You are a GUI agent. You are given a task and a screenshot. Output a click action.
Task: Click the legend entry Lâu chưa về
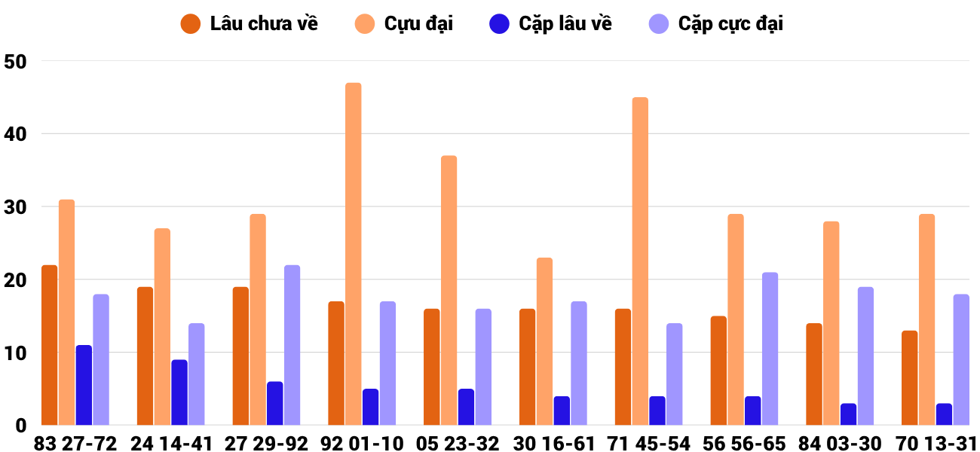[x=249, y=23]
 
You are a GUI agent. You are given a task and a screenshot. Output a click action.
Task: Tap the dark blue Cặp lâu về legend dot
[x=499, y=23]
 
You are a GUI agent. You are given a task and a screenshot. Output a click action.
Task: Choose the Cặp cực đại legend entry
[x=715, y=23]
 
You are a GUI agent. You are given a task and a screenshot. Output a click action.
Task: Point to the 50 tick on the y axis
[x=15, y=62]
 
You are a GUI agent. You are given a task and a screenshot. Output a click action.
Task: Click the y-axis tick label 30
[x=15, y=207]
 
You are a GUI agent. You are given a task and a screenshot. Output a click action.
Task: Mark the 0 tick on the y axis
[x=20, y=426]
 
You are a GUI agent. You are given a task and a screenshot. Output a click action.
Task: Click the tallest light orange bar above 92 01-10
[x=354, y=254]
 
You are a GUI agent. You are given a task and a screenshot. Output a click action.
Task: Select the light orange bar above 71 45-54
[x=640, y=261]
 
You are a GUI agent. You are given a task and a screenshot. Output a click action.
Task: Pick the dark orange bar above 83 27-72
[x=50, y=345]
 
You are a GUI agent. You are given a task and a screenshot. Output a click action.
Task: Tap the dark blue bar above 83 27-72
[x=84, y=385]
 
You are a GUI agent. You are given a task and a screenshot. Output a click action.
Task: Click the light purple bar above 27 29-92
[x=292, y=345]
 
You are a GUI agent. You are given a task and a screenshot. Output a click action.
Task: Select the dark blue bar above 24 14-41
[x=179, y=392]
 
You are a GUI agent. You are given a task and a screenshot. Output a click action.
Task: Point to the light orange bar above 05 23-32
[x=449, y=290]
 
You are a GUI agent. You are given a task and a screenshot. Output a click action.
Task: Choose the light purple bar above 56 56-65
[x=770, y=349]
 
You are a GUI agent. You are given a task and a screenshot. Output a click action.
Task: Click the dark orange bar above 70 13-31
[x=910, y=377]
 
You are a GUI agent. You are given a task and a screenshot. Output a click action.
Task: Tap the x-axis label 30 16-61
[x=554, y=444]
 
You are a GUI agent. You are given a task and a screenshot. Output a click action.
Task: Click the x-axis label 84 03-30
[x=841, y=444]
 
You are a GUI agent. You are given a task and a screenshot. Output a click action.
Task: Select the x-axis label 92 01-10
[x=363, y=444]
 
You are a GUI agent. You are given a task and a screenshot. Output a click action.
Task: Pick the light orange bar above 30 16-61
[x=545, y=341]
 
